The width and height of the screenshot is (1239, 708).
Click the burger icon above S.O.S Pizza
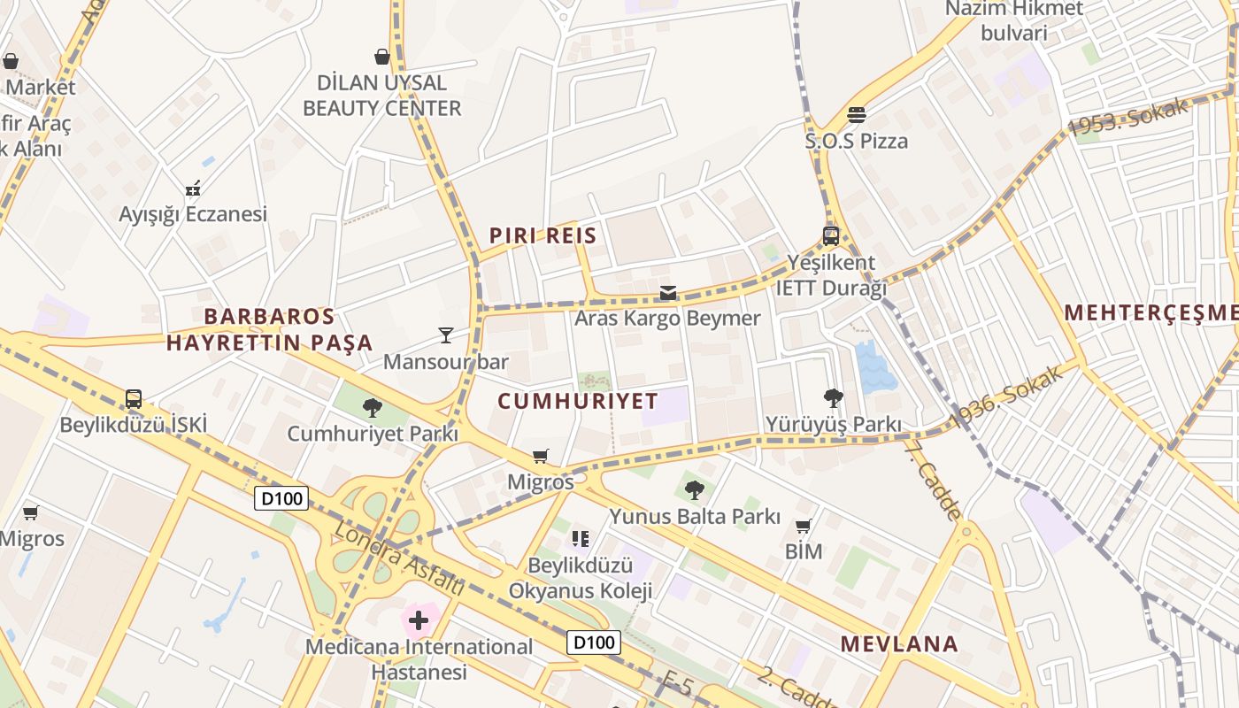click(x=856, y=114)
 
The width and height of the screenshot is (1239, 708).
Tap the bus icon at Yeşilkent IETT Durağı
click(x=830, y=236)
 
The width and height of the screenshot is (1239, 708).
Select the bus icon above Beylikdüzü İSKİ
click(x=133, y=399)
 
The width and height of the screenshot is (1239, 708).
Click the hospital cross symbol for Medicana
click(x=419, y=620)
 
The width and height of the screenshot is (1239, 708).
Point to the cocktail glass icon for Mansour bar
click(x=445, y=335)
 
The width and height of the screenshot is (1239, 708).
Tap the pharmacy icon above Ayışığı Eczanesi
click(x=194, y=188)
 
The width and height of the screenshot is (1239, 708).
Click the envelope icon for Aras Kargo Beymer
click(x=667, y=293)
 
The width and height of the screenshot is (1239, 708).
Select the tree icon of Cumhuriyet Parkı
click(x=373, y=408)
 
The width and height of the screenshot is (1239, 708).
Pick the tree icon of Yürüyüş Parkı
click(x=833, y=398)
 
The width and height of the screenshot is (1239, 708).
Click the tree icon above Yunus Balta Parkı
click(x=695, y=489)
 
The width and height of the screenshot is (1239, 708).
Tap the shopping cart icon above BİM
click(x=804, y=527)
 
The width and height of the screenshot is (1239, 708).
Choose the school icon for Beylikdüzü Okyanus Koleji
click(x=581, y=538)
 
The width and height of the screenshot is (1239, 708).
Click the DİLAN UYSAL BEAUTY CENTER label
click(x=382, y=96)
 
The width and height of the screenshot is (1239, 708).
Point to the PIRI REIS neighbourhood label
click(x=543, y=236)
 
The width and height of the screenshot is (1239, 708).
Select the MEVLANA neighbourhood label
click(x=899, y=644)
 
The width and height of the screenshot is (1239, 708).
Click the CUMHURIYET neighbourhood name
click(x=578, y=401)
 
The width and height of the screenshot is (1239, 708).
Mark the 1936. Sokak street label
click(x=1005, y=397)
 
